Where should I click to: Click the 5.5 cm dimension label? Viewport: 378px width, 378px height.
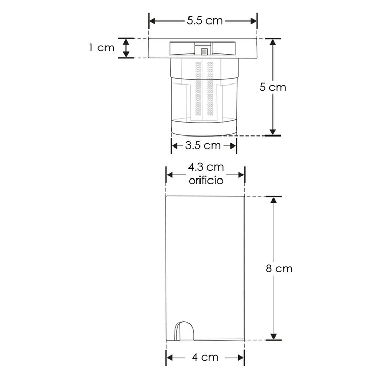205,20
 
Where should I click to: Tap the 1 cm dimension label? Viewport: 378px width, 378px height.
102,48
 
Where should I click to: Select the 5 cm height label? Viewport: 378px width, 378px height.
272,87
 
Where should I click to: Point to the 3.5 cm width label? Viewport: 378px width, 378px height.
203,145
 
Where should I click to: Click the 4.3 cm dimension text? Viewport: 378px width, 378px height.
206,167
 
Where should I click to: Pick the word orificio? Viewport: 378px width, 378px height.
206,180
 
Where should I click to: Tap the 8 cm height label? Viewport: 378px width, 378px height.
279,269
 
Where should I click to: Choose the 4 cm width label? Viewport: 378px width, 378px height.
205,358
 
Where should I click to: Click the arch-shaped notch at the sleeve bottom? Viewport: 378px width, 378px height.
184,331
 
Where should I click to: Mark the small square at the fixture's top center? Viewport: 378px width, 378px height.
204,51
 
